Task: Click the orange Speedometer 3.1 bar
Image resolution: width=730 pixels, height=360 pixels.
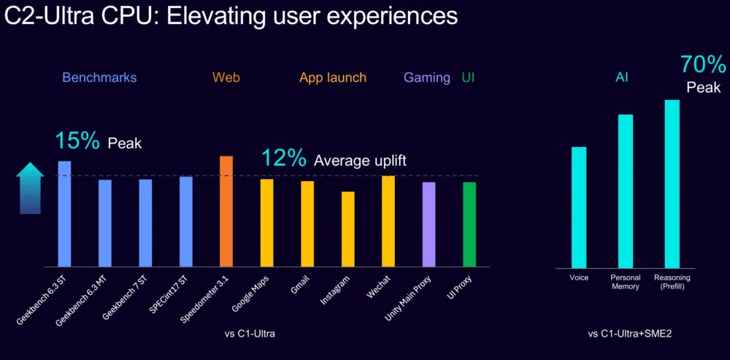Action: click(226, 212)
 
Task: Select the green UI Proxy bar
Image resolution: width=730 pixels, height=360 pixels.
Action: click(469, 224)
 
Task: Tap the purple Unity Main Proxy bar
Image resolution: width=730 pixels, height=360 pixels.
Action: click(429, 224)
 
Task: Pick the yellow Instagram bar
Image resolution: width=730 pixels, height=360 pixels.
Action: click(347, 229)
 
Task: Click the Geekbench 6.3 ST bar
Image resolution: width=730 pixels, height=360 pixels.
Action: click(64, 214)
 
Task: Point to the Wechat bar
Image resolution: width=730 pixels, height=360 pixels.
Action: click(388, 221)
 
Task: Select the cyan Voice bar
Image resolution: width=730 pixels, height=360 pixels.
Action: click(579, 207)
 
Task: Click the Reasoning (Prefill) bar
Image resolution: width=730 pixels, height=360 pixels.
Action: click(672, 184)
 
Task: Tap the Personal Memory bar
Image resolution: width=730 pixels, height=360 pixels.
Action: click(626, 191)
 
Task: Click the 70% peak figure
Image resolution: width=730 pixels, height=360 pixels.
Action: click(703, 64)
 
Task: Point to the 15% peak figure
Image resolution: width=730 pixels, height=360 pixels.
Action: click(77, 141)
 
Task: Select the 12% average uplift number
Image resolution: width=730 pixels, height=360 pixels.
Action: click(283, 158)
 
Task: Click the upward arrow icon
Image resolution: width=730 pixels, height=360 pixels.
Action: click(30, 188)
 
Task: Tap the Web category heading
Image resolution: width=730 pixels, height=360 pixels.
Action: click(226, 77)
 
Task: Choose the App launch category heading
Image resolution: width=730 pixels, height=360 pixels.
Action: click(333, 78)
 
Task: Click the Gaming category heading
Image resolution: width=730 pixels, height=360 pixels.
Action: click(427, 78)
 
